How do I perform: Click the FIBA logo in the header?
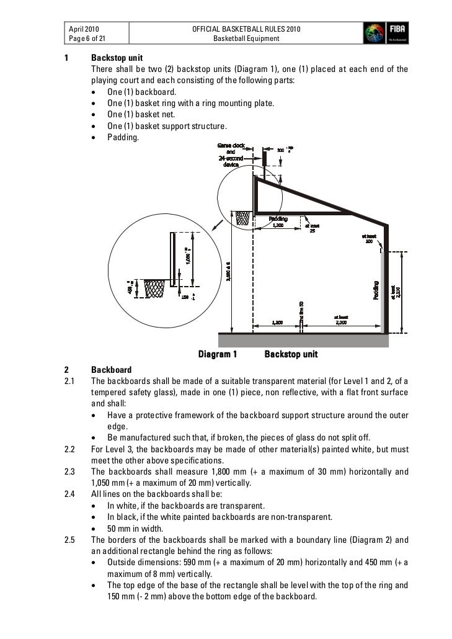[385, 32]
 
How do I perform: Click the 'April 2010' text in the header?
[84, 29]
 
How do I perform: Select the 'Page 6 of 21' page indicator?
[87, 38]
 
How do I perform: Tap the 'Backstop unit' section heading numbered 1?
[117, 58]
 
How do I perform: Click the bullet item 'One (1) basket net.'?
[141, 114]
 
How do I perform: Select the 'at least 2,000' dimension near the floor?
[342, 320]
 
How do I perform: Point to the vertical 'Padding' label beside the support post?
[376, 290]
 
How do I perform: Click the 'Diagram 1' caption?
[218, 354]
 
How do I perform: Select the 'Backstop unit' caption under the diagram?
[291, 354]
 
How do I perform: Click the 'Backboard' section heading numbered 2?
[111, 370]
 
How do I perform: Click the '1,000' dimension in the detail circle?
[187, 254]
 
